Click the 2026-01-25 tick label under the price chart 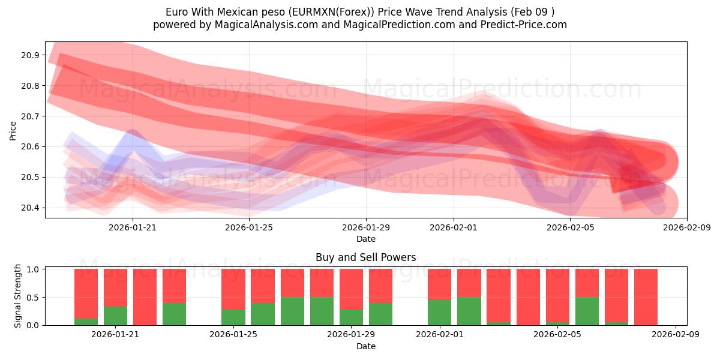tap(249, 228)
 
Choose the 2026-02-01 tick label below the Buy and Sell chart tap(440, 335)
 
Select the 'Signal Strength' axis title tap(18, 296)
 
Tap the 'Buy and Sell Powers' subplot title tap(365, 257)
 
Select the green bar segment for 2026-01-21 tap(115, 316)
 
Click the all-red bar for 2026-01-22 tap(145, 297)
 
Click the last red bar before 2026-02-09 tap(646, 297)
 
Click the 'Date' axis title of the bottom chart tap(365, 346)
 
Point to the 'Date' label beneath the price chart tap(365, 239)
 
